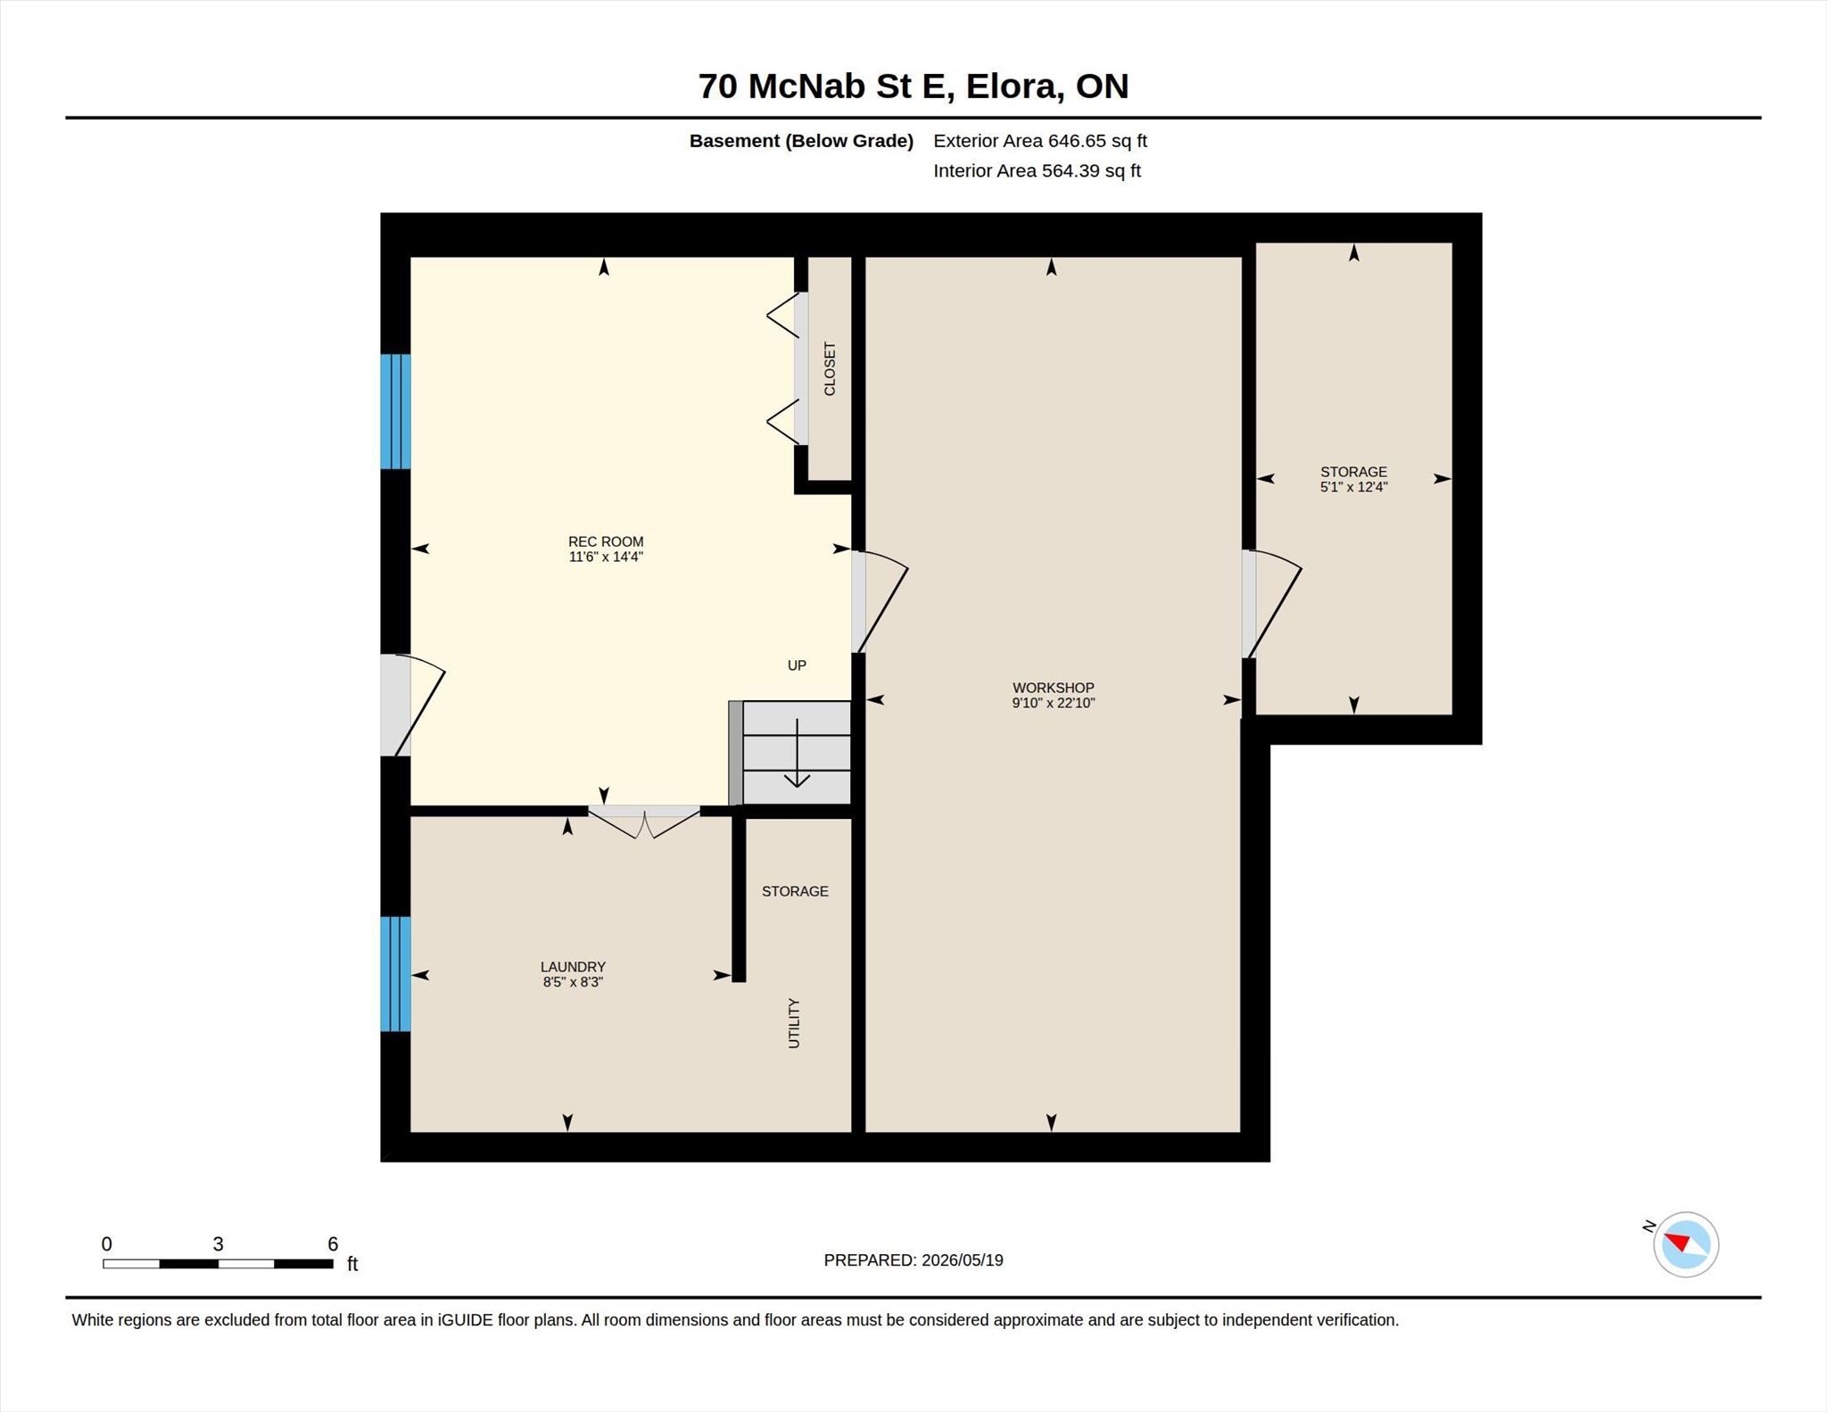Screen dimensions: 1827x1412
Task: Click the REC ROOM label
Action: [606, 541]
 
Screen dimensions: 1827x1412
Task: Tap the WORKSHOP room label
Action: [1053, 688]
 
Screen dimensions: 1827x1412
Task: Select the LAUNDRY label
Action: [573, 967]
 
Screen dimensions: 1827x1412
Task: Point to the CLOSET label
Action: [830, 368]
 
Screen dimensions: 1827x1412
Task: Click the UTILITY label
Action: [794, 1023]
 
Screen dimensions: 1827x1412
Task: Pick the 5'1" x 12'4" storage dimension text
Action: [1354, 487]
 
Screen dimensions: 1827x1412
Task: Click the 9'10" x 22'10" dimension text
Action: [1053, 703]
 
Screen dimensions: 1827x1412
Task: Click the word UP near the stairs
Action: [797, 665]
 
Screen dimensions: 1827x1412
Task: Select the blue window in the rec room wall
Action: [395, 411]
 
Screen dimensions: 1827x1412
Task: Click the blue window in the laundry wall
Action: [395, 974]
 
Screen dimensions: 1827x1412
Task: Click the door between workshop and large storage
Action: [1271, 604]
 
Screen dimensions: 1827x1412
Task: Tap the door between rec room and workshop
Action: [880, 602]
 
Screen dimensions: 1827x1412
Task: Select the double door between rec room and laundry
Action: [643, 822]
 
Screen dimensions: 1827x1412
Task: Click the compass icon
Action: [1685, 1244]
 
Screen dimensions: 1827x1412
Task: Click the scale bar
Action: [218, 1263]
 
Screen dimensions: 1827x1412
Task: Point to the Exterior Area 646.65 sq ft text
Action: [1040, 141]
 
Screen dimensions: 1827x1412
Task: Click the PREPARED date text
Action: [913, 1260]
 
